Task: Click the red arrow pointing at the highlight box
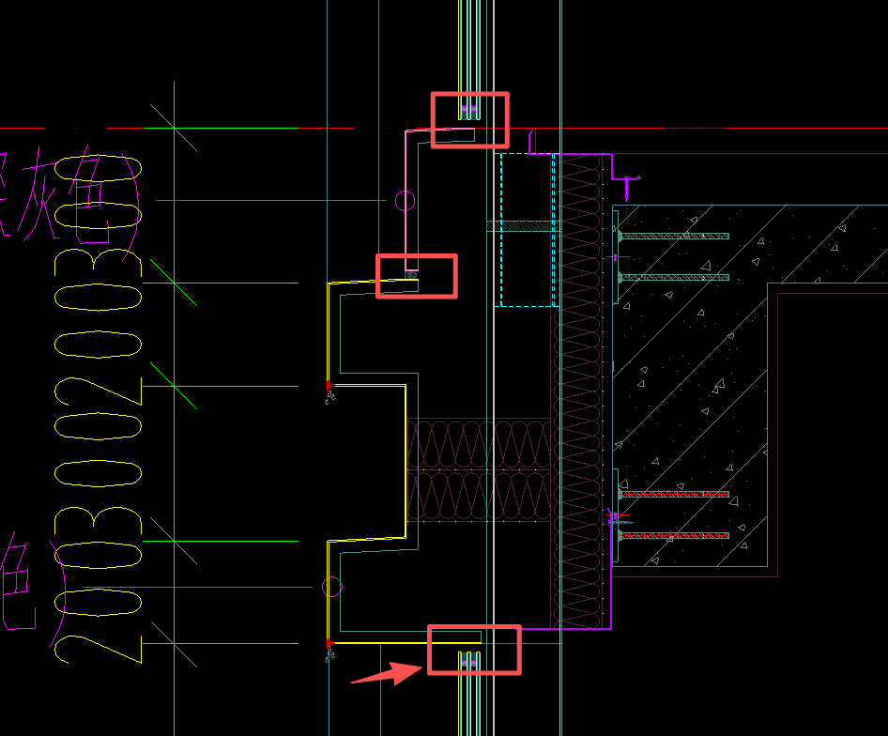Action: (x=385, y=672)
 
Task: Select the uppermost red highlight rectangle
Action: (x=469, y=119)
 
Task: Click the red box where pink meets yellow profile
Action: (x=416, y=276)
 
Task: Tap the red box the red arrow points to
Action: (x=473, y=650)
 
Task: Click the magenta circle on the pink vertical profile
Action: (x=405, y=200)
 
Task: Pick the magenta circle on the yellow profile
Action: (x=331, y=588)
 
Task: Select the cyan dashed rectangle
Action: (x=527, y=229)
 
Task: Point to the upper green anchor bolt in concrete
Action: (x=673, y=236)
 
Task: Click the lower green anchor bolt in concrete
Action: (x=673, y=277)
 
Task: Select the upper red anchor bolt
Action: (x=675, y=494)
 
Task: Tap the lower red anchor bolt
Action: (x=675, y=535)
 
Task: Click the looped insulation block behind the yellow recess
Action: (x=478, y=468)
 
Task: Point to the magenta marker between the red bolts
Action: (x=615, y=515)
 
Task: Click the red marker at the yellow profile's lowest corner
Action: (x=329, y=644)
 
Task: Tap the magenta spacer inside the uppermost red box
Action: (x=469, y=111)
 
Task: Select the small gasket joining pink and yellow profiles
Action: (x=410, y=274)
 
